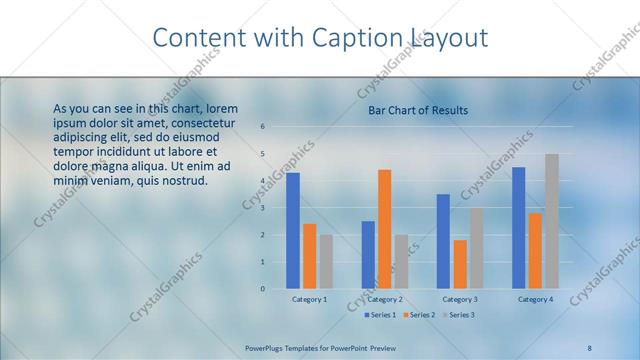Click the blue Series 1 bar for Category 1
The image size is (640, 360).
293,231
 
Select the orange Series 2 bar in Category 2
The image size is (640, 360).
385,229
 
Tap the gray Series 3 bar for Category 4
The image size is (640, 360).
551,221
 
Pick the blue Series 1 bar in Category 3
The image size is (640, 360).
443,241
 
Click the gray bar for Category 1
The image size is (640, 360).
326,261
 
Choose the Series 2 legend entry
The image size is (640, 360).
421,315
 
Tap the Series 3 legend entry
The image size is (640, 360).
459,315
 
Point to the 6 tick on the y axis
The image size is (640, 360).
262,127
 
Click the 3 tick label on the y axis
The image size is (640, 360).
262,208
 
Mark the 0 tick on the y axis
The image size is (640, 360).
262,289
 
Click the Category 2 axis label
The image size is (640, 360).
385,299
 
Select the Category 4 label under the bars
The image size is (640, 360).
535,299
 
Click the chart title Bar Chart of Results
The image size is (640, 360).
418,110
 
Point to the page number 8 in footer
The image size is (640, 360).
590,347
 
